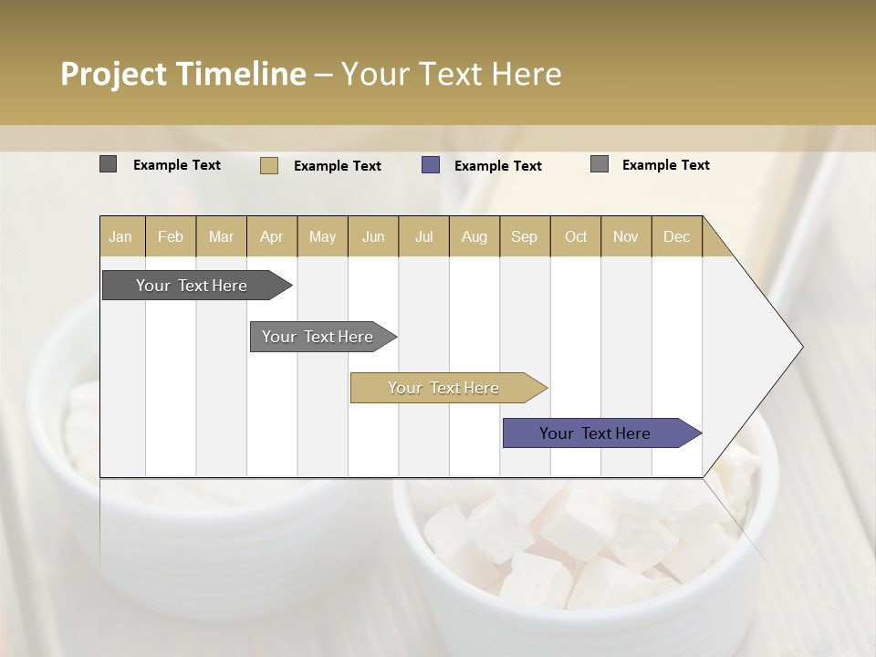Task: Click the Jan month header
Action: coord(121,236)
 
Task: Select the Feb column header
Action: coord(171,236)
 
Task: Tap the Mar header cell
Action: coord(221,236)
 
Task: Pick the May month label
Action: coord(322,236)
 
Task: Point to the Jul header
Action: coord(423,236)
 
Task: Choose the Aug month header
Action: coord(474,236)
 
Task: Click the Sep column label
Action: coord(524,236)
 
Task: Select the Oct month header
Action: coord(575,236)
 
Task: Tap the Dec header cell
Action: coord(676,236)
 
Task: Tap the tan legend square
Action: coord(269,165)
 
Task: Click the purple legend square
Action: coord(431,165)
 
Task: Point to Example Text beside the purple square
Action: coord(497,166)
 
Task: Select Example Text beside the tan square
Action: coord(337,166)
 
